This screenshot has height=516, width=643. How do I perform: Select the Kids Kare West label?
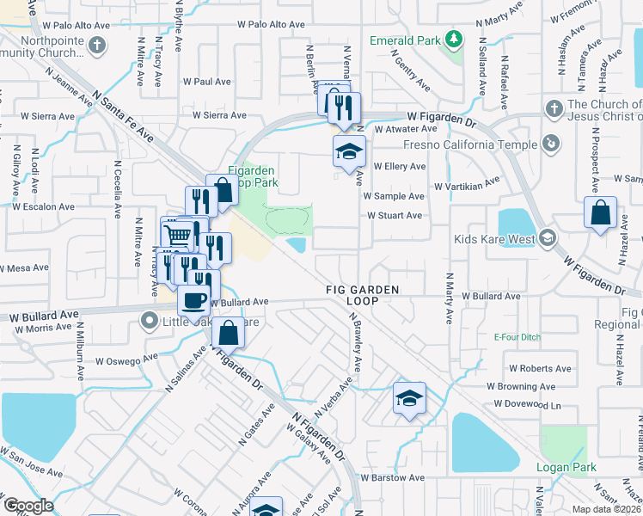coord(488,237)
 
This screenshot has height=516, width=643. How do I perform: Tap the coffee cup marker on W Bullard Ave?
coord(193,301)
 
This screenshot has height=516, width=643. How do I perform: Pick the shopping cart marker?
coord(176,234)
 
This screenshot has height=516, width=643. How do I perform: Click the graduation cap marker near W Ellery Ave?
coord(349,152)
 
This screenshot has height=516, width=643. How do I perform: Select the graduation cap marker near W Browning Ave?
coord(409,397)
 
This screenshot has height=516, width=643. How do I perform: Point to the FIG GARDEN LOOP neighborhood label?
coord(362,296)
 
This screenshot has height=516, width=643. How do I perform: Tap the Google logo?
coord(28,506)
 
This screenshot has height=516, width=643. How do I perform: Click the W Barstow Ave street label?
coord(392,477)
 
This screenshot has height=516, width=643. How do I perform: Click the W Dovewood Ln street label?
coord(527,403)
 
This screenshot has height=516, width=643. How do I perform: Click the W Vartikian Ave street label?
coord(466,185)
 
